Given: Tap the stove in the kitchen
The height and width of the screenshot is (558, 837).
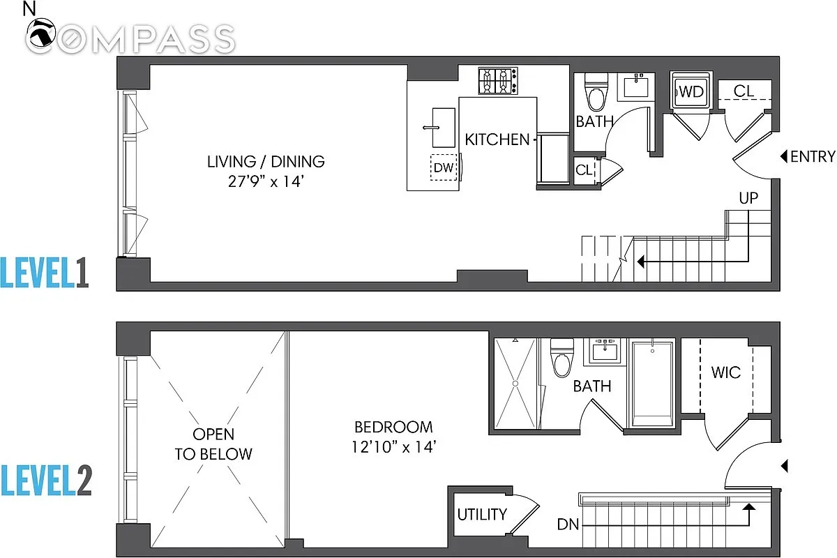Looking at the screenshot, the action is [498, 81].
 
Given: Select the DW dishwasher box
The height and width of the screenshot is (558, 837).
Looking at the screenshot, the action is [444, 167].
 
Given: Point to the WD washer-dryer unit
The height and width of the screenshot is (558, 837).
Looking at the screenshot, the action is [692, 91].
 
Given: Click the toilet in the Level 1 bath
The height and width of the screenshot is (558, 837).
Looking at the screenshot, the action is [596, 92].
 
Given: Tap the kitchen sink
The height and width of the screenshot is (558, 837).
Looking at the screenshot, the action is [444, 128].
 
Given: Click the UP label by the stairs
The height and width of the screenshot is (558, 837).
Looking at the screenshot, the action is [748, 198].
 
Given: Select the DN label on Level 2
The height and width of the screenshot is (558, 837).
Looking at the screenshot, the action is [568, 525].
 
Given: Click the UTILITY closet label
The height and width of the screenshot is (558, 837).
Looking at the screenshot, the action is [482, 514].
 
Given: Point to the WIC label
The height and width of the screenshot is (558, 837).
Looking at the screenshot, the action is [725, 372].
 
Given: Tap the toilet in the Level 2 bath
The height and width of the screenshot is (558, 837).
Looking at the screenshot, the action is [562, 358].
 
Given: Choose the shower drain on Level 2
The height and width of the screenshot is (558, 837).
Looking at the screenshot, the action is [515, 384].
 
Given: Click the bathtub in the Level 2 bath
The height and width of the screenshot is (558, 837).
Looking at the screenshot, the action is [652, 384].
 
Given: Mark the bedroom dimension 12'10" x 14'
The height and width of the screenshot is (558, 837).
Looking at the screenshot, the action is [394, 447].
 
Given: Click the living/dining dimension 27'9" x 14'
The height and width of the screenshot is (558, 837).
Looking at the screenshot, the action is [266, 181].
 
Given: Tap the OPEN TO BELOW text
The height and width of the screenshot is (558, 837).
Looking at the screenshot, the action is [213, 444].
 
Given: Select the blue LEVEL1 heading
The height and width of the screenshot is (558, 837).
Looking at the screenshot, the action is [45, 273].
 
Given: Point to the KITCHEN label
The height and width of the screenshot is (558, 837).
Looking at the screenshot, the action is [497, 139].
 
